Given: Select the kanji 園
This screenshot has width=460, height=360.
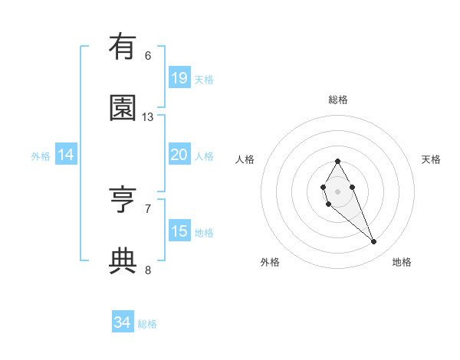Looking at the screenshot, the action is pyautogui.click(x=122, y=107).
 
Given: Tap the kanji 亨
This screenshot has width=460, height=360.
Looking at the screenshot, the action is pyautogui.click(x=122, y=198).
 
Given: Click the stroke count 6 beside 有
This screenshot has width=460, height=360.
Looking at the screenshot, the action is pyautogui.click(x=148, y=55).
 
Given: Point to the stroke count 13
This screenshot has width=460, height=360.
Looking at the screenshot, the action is pyautogui.click(x=148, y=117).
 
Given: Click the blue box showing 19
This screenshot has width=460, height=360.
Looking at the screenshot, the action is pyautogui.click(x=179, y=78).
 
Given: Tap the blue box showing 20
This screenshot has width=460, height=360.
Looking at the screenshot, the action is pyautogui.click(x=179, y=155).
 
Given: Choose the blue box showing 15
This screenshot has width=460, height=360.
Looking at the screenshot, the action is pyautogui.click(x=179, y=231).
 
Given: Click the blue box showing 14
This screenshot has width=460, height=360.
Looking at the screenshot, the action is pyautogui.click(x=66, y=155).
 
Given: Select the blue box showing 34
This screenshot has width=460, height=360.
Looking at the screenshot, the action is pyautogui.click(x=122, y=322).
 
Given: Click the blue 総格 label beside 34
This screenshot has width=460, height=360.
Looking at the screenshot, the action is pyautogui.click(x=147, y=324).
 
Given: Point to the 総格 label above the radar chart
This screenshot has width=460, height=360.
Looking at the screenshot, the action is pyautogui.click(x=338, y=100).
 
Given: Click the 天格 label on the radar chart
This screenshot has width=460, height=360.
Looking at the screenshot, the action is pyautogui.click(x=431, y=159).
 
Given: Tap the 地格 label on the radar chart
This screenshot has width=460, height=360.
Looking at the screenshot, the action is pyautogui.click(x=402, y=262).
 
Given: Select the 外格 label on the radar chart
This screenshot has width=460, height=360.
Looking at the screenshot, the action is pyautogui.click(x=270, y=262).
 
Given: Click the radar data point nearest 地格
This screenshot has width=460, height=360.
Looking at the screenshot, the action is pyautogui.click(x=373, y=242).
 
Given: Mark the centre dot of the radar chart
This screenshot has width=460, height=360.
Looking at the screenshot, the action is pyautogui.click(x=337, y=191).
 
